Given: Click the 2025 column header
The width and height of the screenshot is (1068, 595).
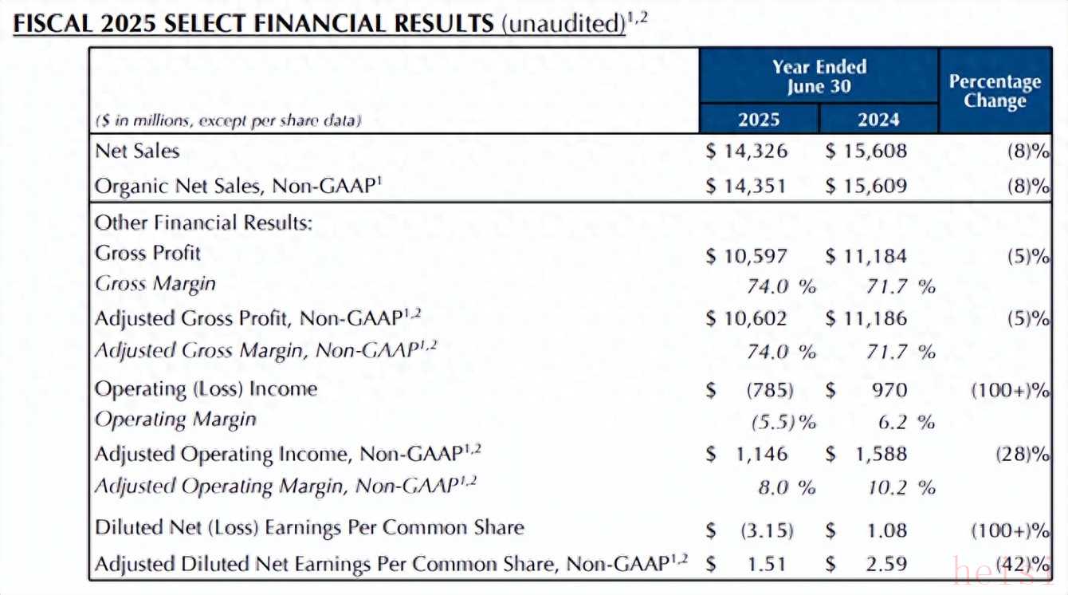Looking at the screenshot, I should [759, 120].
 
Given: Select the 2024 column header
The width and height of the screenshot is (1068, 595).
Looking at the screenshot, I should [878, 120].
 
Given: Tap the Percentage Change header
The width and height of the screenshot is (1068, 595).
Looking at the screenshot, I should [995, 91].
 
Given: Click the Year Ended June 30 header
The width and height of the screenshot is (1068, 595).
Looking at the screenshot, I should [819, 77].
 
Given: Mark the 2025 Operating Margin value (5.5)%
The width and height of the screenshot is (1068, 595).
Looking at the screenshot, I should [784, 422].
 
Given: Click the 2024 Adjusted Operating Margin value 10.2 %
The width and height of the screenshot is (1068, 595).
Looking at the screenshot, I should [901, 487].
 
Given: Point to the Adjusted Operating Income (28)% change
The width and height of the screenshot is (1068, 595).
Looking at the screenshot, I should [1021, 454].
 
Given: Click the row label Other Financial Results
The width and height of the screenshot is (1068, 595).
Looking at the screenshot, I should [203, 222].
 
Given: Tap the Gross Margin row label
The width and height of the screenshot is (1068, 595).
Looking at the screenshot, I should [155, 284].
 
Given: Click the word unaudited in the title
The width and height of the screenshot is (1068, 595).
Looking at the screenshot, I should [563, 24].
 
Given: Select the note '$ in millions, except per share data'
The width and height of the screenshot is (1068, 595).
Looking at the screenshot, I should [228, 121].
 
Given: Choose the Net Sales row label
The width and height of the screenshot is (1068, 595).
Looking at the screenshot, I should [137, 151].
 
